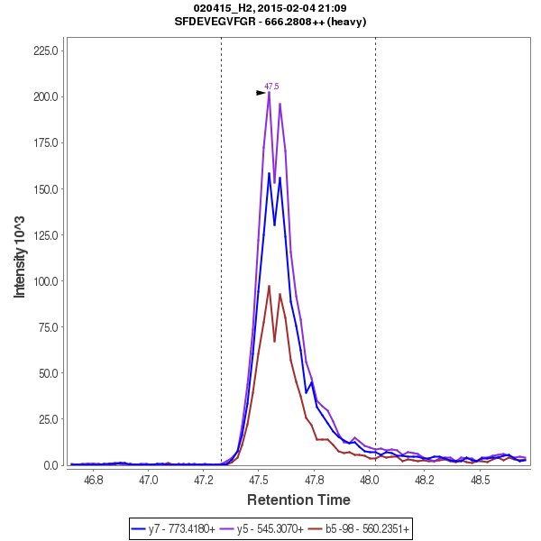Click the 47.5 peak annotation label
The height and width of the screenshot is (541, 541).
coord(271,86)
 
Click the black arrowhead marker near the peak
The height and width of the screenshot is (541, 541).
coord(261,92)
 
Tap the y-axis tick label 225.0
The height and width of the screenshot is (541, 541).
coord(46,50)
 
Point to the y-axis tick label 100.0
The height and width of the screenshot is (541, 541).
coord(46,281)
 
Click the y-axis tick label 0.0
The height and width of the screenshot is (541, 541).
coord(52,465)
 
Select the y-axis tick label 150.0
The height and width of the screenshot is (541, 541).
coord(46,189)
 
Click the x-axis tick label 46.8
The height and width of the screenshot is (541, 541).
coord(93,480)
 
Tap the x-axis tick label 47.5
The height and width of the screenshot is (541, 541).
coord(259,480)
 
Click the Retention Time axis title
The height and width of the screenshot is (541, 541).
coord(298,499)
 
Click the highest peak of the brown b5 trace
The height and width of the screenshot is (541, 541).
coord(269,286)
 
